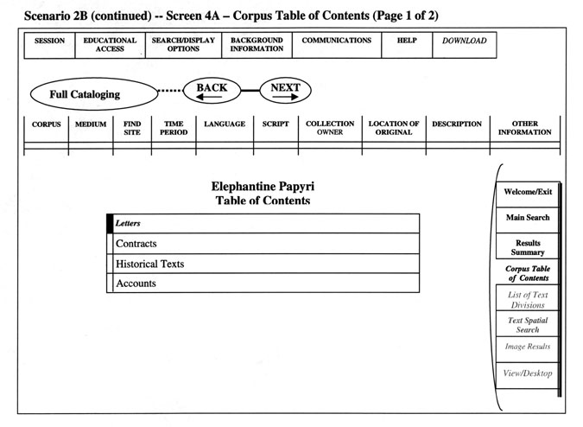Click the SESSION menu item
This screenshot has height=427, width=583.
[49, 45]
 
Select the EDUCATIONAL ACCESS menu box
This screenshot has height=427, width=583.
[110, 45]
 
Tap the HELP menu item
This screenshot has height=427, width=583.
[407, 45]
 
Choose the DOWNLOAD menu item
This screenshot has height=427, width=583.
[465, 45]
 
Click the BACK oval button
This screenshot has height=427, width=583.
[212, 91]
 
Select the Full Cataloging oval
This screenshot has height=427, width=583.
[94, 93]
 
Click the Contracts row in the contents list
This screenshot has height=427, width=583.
[266, 244]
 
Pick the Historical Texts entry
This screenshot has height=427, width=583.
[266, 264]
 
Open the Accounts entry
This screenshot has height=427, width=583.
[266, 283]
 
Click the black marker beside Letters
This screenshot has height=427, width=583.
[110, 224]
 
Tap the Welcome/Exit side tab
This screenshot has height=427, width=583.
[528, 194]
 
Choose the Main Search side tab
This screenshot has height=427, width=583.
[528, 220]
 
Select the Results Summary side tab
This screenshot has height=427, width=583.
[528, 246]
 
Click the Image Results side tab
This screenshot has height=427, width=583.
[528, 349]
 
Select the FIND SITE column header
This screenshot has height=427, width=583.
[132, 129]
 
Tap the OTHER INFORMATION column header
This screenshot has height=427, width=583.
[524, 129]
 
